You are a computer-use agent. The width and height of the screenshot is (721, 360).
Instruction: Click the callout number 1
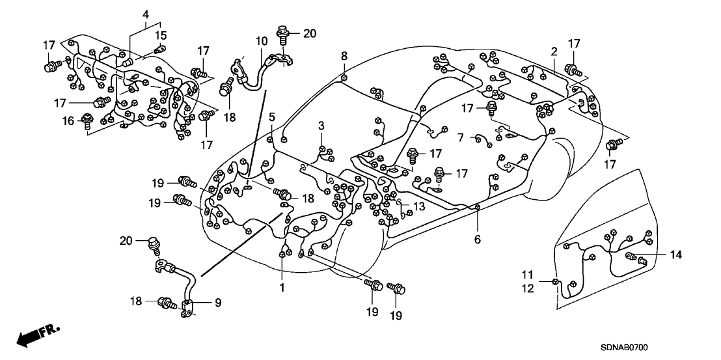pyautogui.click(x=282, y=286)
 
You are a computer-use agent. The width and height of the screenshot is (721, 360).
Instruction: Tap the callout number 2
pyautogui.click(x=554, y=51)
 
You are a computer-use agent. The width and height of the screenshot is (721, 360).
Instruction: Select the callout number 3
pyautogui.click(x=321, y=125)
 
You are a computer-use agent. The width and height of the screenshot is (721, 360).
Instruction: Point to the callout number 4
pyautogui.click(x=146, y=14)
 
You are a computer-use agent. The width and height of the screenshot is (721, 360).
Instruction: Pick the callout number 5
pyautogui.click(x=272, y=117)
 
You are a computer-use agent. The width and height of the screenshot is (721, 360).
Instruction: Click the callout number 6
pyautogui.click(x=477, y=240)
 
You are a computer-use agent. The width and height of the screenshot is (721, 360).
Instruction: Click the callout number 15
pyautogui.click(x=161, y=35)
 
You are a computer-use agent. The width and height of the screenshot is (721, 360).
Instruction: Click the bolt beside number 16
pyautogui.click(x=87, y=122)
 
